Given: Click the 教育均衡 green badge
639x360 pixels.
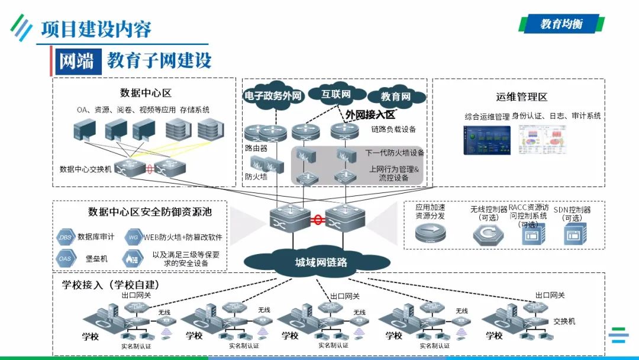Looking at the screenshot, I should pyautogui.click(x=561, y=24).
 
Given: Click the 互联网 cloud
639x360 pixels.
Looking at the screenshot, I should pyautogui.click(x=336, y=95).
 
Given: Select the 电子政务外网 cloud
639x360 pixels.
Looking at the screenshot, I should pyautogui.click(x=273, y=96).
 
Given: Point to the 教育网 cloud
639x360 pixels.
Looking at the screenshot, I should pyautogui.click(x=396, y=97).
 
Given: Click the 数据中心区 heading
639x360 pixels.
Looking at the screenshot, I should pyautogui.click(x=146, y=93).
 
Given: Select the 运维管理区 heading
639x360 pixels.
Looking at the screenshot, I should pyautogui.click(x=521, y=97).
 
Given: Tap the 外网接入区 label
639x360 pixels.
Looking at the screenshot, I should pyautogui.click(x=370, y=114).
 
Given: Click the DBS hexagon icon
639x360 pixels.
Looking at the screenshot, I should pyautogui.click(x=64, y=237).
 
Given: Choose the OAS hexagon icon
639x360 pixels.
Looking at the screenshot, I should pyautogui.click(x=64, y=259).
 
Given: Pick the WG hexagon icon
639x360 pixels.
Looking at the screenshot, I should pyautogui.click(x=133, y=237).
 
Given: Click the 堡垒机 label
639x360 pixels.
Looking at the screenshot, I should pyautogui.click(x=96, y=259).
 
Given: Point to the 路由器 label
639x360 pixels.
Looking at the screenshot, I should pyautogui.click(x=256, y=148).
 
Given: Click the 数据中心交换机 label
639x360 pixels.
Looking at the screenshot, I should pyautogui.click(x=85, y=169).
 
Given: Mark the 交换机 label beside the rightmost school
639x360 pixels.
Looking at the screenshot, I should pyautogui.click(x=564, y=322).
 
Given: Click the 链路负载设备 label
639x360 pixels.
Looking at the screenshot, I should pyautogui.click(x=393, y=129).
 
